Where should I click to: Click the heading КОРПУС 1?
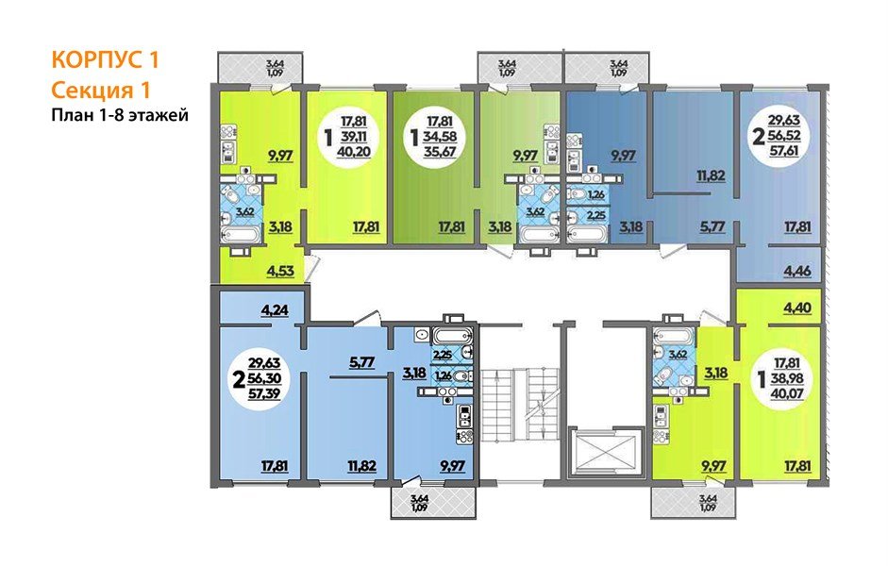pyautogui.click(x=105, y=61)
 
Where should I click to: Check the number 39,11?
pyautogui.click(x=356, y=140)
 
